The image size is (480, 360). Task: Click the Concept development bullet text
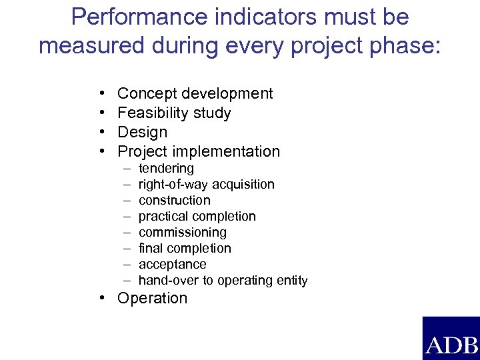(x=195, y=94)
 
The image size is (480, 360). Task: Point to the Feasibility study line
(x=174, y=113)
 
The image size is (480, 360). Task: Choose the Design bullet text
(x=142, y=132)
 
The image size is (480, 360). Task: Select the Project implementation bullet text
(x=199, y=151)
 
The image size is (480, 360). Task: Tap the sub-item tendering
(x=166, y=169)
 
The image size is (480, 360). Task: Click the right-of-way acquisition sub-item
(x=206, y=184)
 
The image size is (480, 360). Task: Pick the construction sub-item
(x=174, y=200)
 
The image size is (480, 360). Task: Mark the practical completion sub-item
(x=197, y=216)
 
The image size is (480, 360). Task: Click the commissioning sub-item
(x=182, y=232)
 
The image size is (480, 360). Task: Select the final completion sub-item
(x=185, y=248)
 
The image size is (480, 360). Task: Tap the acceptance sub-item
(x=172, y=264)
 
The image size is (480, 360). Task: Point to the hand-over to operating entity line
(x=223, y=281)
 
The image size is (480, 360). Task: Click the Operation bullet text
(x=152, y=298)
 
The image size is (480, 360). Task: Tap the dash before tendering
(x=125, y=169)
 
